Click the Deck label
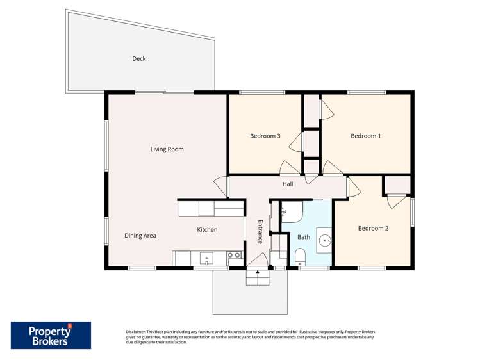139,59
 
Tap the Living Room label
167,149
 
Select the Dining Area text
140,236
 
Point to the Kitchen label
207,229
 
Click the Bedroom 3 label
265,136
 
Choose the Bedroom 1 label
365,136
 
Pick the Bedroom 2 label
373,229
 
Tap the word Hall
288,184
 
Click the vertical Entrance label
260,231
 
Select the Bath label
304,237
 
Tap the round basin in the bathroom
325,241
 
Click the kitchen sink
206,258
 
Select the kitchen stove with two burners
235,258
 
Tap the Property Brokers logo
51,335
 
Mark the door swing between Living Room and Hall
221,186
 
